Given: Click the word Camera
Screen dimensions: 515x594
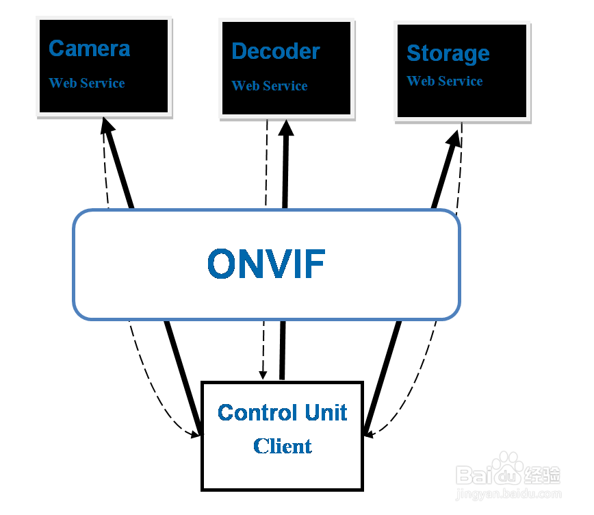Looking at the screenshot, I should click(x=89, y=49).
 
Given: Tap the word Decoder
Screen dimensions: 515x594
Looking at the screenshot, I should click(x=275, y=51).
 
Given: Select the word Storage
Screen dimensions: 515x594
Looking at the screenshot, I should click(x=448, y=53).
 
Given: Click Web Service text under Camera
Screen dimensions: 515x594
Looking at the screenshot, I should click(x=87, y=84).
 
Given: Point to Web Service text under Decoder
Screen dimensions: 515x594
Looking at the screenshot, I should click(x=269, y=86).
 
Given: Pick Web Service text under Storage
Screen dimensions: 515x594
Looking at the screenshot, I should click(x=445, y=81).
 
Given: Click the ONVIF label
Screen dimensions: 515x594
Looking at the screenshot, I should click(x=266, y=264).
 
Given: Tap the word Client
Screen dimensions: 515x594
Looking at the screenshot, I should click(x=282, y=447).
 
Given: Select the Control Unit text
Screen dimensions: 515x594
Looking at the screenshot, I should click(x=282, y=413).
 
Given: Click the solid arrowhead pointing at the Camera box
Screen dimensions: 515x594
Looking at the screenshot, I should click(x=107, y=127).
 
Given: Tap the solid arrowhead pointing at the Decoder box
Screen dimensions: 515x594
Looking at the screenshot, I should click(x=285, y=129).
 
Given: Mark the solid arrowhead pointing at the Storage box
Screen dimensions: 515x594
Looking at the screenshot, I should click(x=454, y=138).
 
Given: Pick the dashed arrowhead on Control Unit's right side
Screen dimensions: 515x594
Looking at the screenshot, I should click(x=370, y=434).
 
